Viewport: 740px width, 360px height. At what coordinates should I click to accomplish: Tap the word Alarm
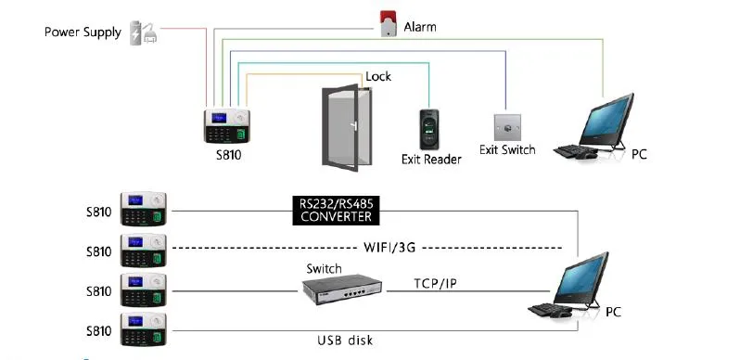point(420,27)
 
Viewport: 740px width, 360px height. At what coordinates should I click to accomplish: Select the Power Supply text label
point(83,32)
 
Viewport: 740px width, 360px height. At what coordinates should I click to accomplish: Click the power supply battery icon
point(144,32)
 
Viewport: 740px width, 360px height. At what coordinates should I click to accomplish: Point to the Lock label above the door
point(378,76)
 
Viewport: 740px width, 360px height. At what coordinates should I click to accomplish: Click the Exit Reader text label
point(430,160)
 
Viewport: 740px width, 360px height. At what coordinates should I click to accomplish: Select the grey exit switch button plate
point(506,124)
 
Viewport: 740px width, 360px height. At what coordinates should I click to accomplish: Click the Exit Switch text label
point(507,149)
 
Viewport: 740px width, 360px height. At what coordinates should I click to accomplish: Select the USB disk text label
point(344,340)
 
